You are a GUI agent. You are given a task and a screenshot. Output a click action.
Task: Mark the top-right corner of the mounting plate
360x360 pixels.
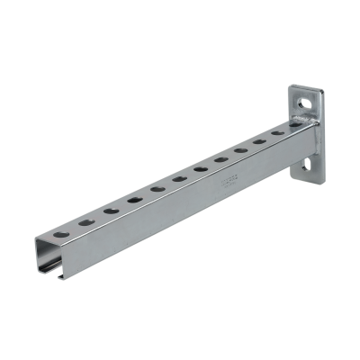(320, 85)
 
